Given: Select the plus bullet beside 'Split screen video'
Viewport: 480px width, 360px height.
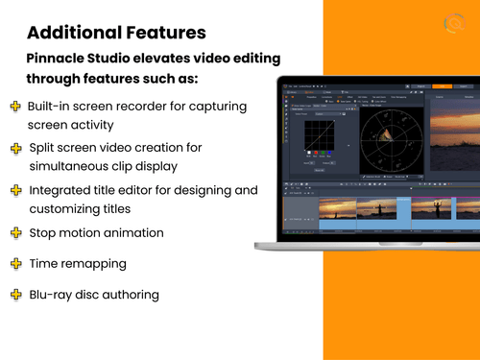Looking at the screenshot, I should [15, 148].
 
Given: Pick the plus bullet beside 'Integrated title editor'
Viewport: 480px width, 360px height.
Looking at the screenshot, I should [15, 191].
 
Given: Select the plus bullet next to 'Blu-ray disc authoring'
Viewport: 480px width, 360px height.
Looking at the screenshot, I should [15, 294].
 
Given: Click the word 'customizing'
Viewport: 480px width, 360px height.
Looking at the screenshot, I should [70, 208].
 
